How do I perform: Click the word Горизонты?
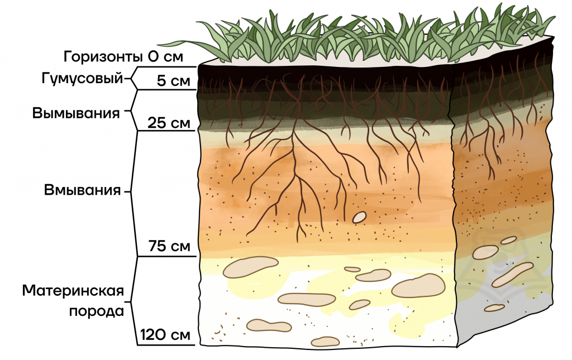click(x=103, y=57)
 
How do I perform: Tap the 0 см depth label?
click(x=165, y=57)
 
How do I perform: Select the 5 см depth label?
click(x=174, y=80)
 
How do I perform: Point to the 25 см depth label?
click(x=169, y=123)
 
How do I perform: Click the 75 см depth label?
click(x=169, y=246)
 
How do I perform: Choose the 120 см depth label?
click(x=165, y=334)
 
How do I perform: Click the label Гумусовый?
click(x=82, y=78)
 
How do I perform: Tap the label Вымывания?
click(x=76, y=113)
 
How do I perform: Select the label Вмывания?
click(x=82, y=190)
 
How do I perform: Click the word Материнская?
click(x=73, y=291)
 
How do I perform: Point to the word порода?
click(x=97, y=312)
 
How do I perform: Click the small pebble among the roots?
click(x=359, y=217)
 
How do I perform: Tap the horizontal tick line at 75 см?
click(x=166, y=256)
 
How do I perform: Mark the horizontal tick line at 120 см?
click(x=166, y=345)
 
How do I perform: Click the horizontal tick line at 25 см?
click(x=166, y=131)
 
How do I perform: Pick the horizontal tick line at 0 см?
click(x=168, y=67)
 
